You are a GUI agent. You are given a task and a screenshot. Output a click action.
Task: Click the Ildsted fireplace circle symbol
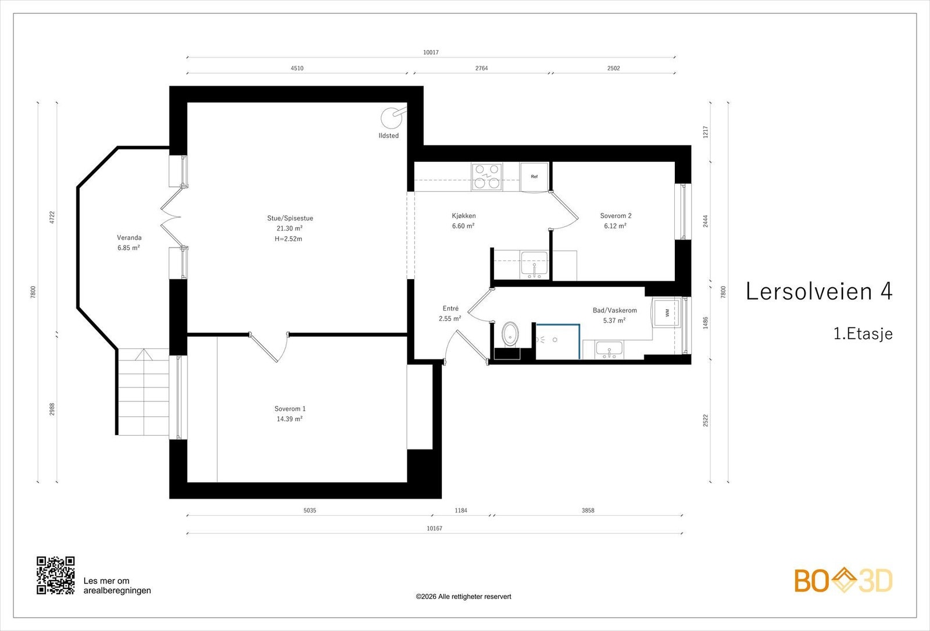tap(392, 118)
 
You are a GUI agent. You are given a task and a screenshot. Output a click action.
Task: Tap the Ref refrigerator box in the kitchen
tap(534, 177)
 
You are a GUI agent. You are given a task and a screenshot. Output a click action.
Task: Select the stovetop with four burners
tap(487, 177)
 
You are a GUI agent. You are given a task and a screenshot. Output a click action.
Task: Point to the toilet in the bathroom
tap(510, 334)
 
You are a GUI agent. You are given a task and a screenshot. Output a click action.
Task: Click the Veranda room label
tap(129, 238)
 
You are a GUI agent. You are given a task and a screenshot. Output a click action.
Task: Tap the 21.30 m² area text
tap(289, 228)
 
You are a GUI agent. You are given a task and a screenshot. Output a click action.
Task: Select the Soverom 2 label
tap(616, 216)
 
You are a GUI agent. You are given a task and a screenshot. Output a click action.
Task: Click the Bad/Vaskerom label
tap(614, 311)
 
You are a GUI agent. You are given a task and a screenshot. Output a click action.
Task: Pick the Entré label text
tap(450, 308)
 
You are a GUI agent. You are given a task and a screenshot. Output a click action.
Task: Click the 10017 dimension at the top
tap(431, 52)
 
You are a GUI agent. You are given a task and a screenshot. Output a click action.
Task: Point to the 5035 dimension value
tap(310, 511)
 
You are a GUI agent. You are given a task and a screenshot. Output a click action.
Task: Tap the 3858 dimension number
tap(588, 511)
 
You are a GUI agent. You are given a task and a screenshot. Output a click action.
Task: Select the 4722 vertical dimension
tap(52, 218)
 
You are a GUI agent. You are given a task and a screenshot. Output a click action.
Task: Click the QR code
tap(56, 575)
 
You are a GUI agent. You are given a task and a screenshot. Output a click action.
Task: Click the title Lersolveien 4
tap(819, 291)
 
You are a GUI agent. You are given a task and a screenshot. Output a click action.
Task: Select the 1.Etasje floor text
tap(863, 334)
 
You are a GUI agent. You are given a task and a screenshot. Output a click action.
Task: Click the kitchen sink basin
tap(534, 265)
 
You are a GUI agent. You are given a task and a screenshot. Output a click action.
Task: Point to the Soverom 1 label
tap(290, 409)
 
